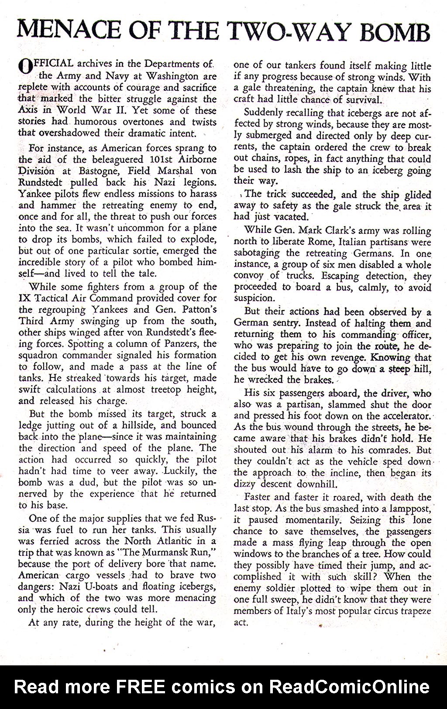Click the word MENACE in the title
pos(63,31)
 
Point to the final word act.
pos(241,623)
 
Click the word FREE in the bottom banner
pos(141,687)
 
